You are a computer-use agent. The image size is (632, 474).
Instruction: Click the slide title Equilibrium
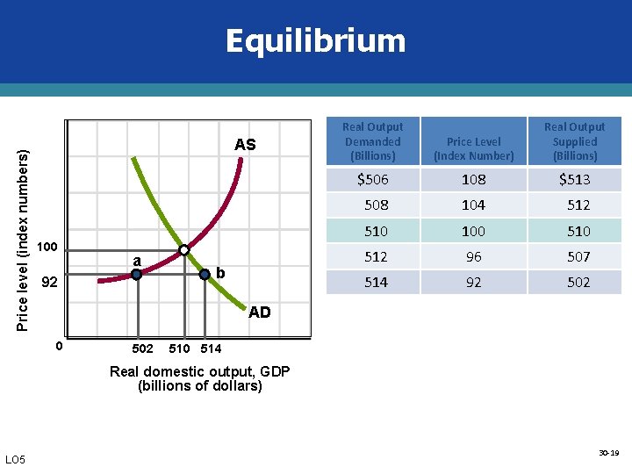tap(315, 41)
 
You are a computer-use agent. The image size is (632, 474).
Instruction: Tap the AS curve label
tap(245, 145)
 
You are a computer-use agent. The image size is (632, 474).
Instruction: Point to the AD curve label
tap(260, 312)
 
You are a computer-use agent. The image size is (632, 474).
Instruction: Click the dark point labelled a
tap(136, 274)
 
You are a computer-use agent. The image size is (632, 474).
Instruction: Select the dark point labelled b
tap(205, 274)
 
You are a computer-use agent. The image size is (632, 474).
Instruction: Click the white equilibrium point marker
tap(184, 250)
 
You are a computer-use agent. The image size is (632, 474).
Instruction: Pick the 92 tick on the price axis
tap(51, 284)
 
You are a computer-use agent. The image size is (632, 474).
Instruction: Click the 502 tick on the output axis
tap(142, 348)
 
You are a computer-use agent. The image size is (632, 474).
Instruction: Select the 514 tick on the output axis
tap(211, 348)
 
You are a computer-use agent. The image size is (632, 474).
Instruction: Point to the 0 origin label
tap(59, 346)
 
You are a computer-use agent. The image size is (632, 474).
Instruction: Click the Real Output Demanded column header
tap(373, 141)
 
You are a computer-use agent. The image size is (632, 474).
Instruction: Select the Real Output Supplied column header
tap(575, 141)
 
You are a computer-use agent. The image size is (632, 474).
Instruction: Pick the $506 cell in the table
tap(373, 179)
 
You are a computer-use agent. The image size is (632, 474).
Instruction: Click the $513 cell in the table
tap(575, 179)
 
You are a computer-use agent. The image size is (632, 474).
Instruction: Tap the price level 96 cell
tap(474, 256)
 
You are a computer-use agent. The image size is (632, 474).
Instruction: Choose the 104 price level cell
tap(474, 205)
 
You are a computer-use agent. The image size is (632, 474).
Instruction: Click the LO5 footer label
tap(15, 459)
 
